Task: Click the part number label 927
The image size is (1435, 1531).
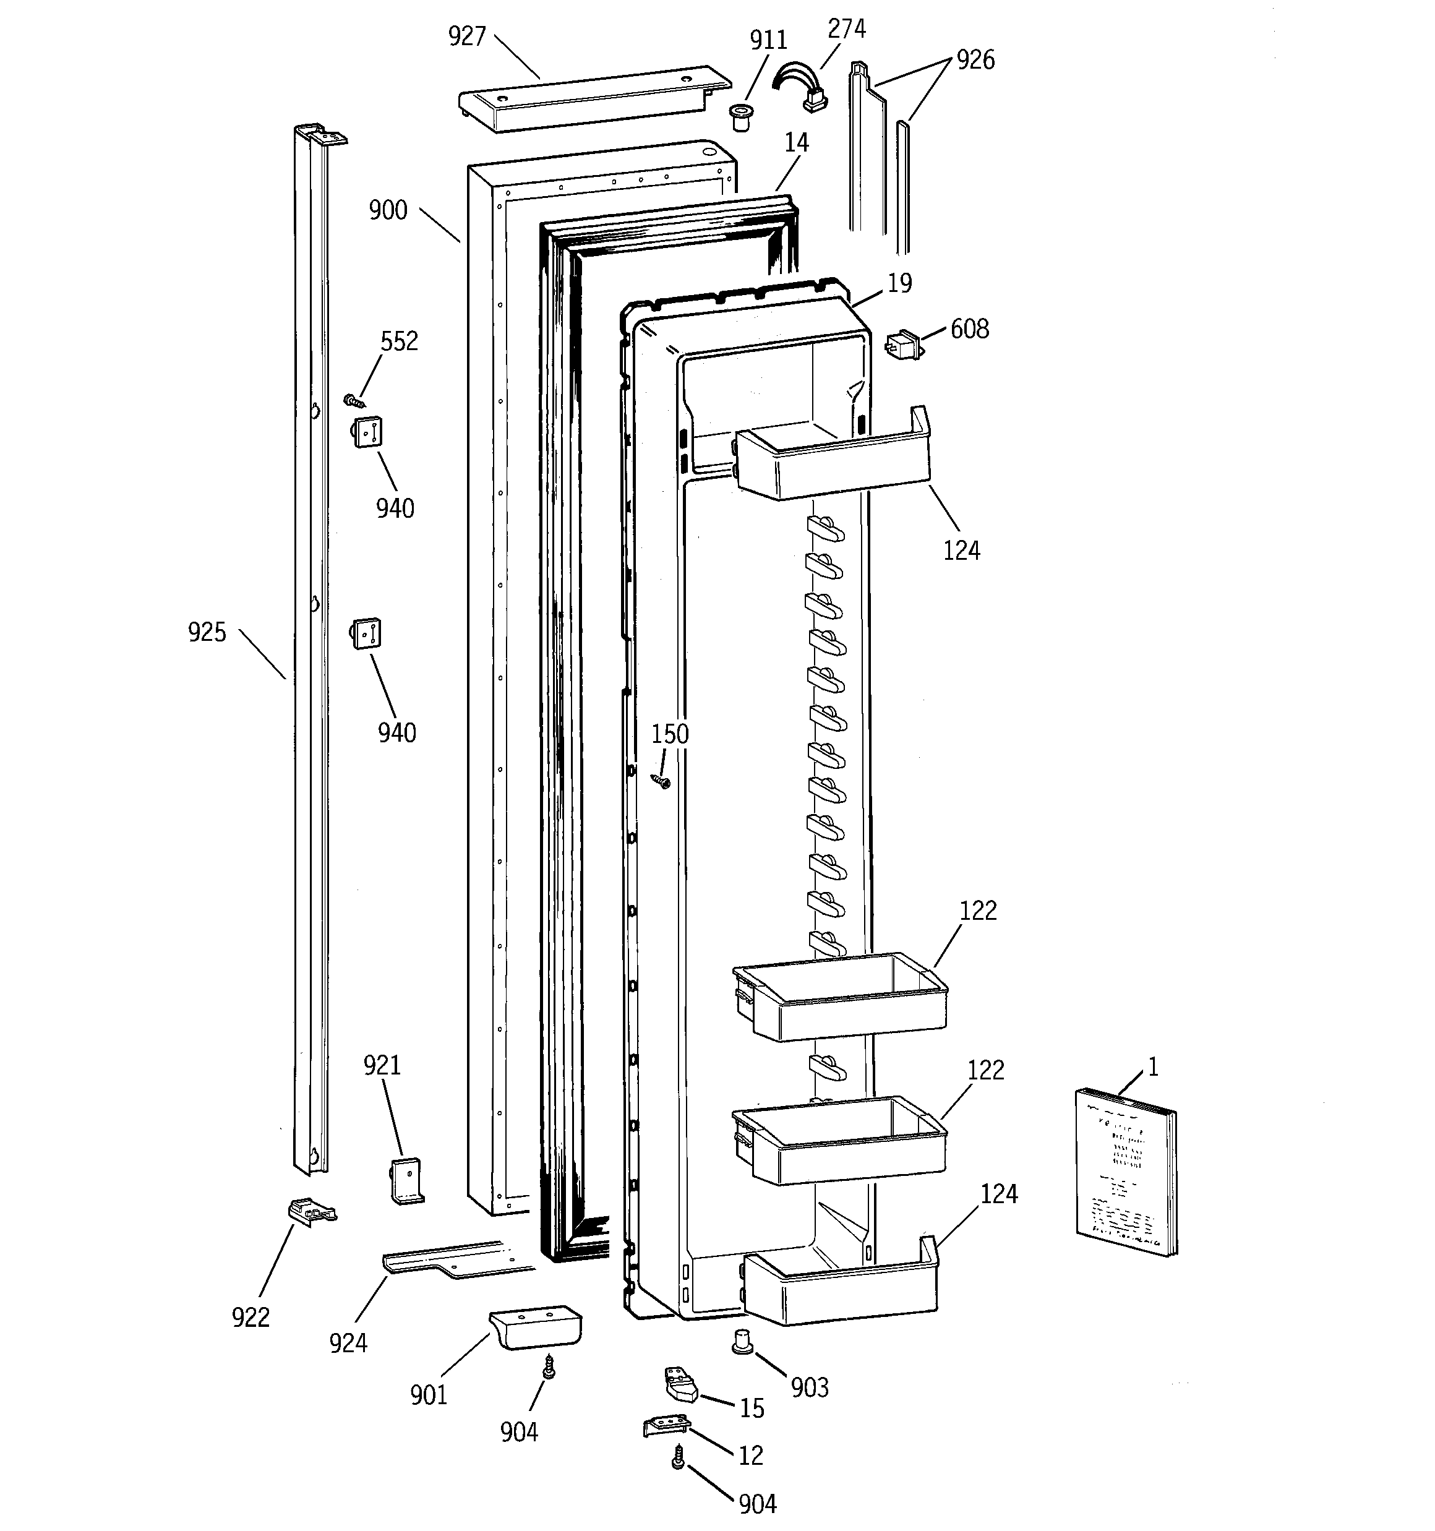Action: pyautogui.click(x=467, y=36)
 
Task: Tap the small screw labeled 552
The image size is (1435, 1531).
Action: pyautogui.click(x=354, y=400)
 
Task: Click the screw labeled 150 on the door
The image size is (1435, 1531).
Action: pyautogui.click(x=661, y=783)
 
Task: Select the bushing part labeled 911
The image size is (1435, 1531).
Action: pyautogui.click(x=741, y=116)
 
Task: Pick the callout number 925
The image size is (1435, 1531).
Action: pyautogui.click(x=207, y=632)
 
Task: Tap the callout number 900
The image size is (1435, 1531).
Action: pyautogui.click(x=387, y=210)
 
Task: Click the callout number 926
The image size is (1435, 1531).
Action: pyautogui.click(x=975, y=60)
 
